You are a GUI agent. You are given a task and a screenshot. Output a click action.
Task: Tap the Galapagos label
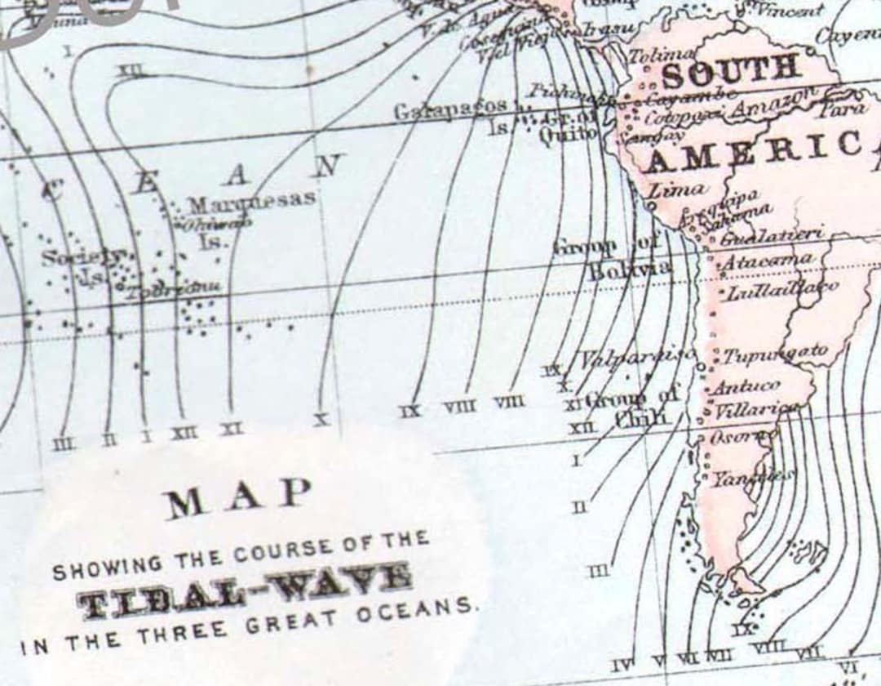coord(450,109)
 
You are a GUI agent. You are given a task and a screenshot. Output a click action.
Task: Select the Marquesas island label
coord(251,202)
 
